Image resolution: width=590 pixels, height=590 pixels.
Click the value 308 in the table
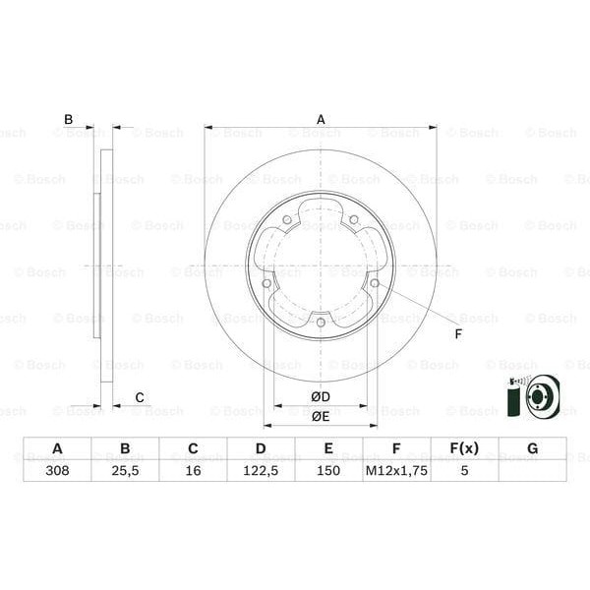tap(57, 471)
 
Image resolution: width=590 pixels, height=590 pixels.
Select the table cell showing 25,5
tap(125, 471)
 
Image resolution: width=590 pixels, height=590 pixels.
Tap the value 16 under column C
tap(193, 471)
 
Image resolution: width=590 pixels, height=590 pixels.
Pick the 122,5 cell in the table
tap(261, 471)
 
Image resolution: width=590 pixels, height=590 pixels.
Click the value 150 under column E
tap(328, 471)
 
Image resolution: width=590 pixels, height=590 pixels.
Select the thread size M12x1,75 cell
tap(396, 471)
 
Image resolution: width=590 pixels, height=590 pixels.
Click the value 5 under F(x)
tap(464, 471)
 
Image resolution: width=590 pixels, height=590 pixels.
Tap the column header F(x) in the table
tap(464, 449)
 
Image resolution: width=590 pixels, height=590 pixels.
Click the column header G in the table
tap(532, 449)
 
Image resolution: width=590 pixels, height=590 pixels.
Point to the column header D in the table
tap(261, 449)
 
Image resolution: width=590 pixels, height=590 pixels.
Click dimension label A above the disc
tap(320, 120)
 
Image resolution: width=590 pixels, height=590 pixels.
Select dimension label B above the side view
tap(68, 120)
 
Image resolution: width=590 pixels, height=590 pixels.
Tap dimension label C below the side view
tap(140, 397)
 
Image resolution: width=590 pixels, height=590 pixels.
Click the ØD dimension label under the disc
tap(321, 396)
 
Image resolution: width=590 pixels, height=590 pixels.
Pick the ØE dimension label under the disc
tap(321, 416)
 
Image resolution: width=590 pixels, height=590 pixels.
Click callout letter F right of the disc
tap(457, 333)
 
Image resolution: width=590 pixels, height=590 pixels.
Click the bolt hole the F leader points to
tap(374, 285)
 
